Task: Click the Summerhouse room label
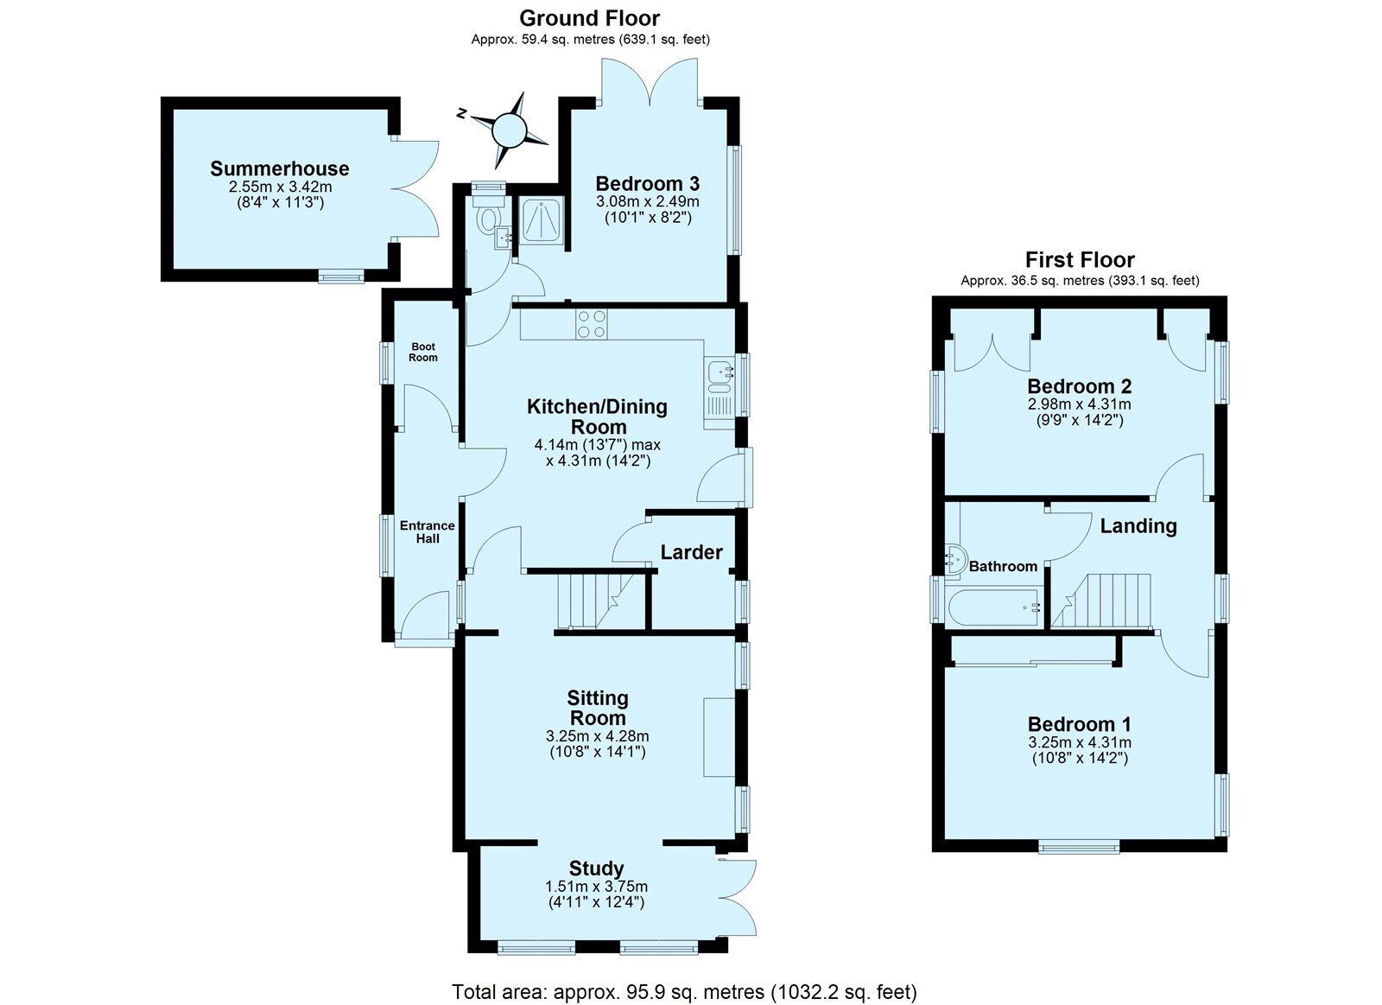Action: (x=280, y=169)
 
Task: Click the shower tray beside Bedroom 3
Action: (x=541, y=219)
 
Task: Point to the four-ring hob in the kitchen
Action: (x=591, y=324)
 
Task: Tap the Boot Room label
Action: (x=423, y=352)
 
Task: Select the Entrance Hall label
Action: (x=427, y=531)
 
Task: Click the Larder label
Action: (x=691, y=552)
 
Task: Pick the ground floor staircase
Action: (x=596, y=601)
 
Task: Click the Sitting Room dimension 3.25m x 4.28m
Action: (x=597, y=736)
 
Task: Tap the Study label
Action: (x=596, y=868)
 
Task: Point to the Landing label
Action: (x=1138, y=526)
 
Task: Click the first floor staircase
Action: (x=1101, y=600)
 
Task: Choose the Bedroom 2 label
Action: (x=1079, y=386)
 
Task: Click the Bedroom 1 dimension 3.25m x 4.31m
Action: (x=1080, y=742)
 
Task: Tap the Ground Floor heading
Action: (x=589, y=18)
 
